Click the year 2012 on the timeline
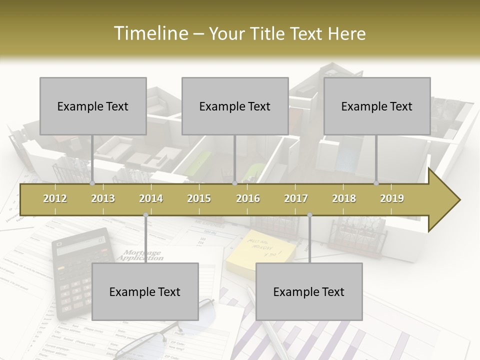coord(55,198)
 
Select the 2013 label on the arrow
coord(103,198)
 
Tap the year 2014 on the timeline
coord(151,198)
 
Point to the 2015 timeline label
coord(199,198)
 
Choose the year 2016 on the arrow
coord(248,198)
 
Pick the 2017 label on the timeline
coord(296,198)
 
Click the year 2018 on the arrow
coord(344,198)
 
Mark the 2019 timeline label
coord(392,198)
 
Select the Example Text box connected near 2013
coord(93,106)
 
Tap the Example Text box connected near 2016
coord(235,106)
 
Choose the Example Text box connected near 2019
coord(377,106)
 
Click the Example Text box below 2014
coord(145,291)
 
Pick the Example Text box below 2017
coord(309,291)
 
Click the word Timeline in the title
coord(149,33)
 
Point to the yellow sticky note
coord(260,249)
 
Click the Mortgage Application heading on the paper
coord(141,255)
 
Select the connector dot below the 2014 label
coord(145,215)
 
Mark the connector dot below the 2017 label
coord(309,215)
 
